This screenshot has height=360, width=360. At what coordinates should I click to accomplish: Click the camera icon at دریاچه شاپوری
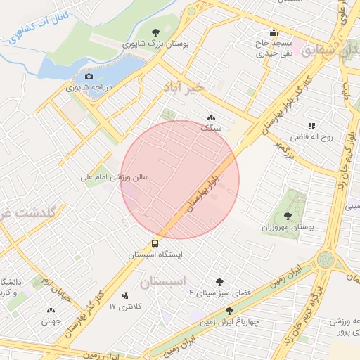pyautogui.click(x=89, y=76)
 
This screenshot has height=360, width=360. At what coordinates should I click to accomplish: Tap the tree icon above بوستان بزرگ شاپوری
pyautogui.click(x=155, y=32)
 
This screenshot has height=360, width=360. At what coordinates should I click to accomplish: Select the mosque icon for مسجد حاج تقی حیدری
pyautogui.click(x=273, y=32)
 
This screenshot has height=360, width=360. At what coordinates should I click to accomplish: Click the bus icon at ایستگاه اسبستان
pyautogui.click(x=154, y=243)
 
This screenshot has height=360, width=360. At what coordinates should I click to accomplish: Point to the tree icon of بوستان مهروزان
pyautogui.click(x=288, y=216)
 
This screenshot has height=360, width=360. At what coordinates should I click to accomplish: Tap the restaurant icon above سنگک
pyautogui.click(x=210, y=118)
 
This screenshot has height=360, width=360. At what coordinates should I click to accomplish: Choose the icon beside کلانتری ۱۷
pyautogui.click(x=125, y=295)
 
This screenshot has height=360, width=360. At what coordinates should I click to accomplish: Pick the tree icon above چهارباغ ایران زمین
pyautogui.click(x=229, y=310)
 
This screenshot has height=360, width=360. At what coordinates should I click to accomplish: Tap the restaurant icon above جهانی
pyautogui.click(x=50, y=310)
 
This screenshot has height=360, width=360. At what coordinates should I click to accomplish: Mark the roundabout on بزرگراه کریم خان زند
pyautogui.click(x=325, y=259)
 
